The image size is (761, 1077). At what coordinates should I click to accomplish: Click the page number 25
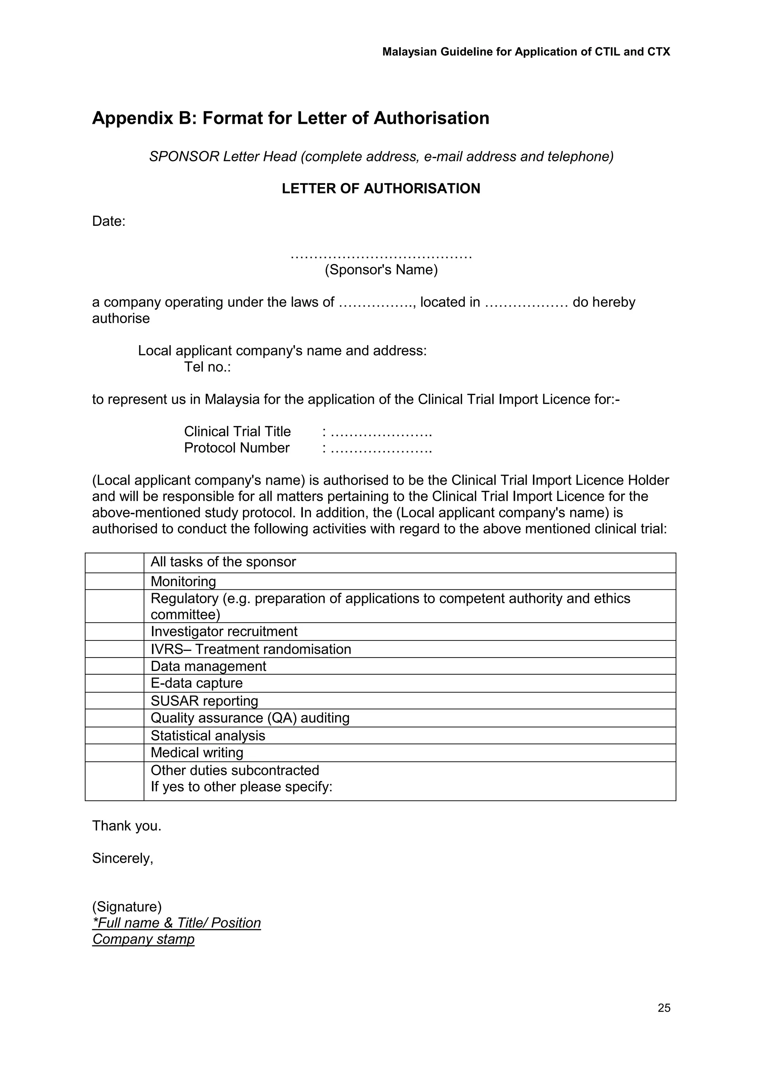[664, 1007]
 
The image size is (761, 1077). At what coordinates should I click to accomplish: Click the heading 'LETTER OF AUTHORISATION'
[380, 189]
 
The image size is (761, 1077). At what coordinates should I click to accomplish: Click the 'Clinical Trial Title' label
[237, 431]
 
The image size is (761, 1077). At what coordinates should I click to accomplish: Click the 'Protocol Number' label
[237, 448]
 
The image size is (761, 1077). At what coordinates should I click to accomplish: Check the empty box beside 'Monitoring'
[114, 581]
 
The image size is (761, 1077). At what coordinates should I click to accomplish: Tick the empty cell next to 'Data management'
[114, 666]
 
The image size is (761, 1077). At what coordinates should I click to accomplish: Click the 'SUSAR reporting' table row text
[204, 701]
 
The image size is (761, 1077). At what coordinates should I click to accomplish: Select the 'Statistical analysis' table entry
[208, 736]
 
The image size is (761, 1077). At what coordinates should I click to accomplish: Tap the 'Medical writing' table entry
[197, 752]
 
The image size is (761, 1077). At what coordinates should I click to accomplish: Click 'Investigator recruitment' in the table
[224, 631]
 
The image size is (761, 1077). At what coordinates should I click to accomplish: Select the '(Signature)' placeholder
[126, 906]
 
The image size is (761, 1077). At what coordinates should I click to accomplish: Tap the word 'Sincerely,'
[122, 858]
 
